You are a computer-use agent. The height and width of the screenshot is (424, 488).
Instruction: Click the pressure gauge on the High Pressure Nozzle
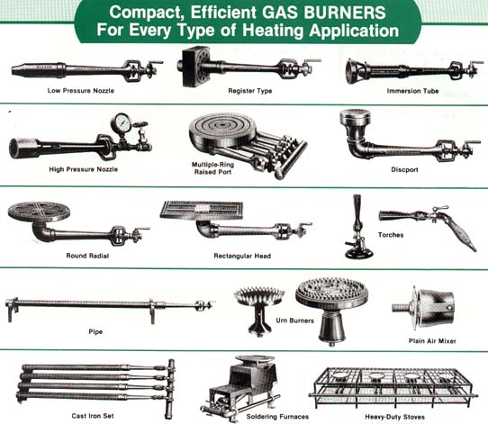121,123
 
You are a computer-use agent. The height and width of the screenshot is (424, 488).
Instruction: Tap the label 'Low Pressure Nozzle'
81,91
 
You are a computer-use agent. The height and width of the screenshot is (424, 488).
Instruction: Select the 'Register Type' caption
250,91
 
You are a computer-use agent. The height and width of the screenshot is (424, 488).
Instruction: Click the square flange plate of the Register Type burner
193,67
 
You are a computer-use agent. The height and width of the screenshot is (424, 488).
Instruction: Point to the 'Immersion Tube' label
412,91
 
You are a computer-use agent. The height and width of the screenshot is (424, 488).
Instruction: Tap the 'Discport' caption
404,169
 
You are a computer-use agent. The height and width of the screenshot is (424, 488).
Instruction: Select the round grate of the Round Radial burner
39,212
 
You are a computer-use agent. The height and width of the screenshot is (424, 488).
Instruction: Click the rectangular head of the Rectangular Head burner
202,210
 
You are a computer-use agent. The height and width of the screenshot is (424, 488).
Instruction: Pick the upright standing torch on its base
358,227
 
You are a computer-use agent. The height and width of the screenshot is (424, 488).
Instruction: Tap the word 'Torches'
391,235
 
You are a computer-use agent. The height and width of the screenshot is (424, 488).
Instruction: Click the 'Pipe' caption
95,331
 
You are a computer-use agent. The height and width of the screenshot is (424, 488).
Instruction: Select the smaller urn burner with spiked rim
259,309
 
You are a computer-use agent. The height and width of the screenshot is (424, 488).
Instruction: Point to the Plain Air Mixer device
426,309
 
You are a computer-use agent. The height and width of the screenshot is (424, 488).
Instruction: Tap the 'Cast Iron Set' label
93,416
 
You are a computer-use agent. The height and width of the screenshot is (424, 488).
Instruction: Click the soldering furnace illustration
241,387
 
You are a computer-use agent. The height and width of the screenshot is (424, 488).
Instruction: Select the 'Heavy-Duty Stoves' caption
394,417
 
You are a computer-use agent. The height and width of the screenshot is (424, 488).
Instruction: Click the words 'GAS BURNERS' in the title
323,13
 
